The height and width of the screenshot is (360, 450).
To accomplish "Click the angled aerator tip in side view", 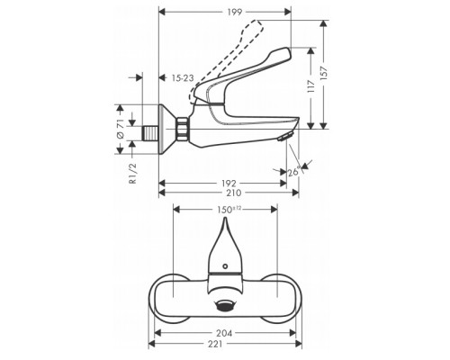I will [x=284, y=138].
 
